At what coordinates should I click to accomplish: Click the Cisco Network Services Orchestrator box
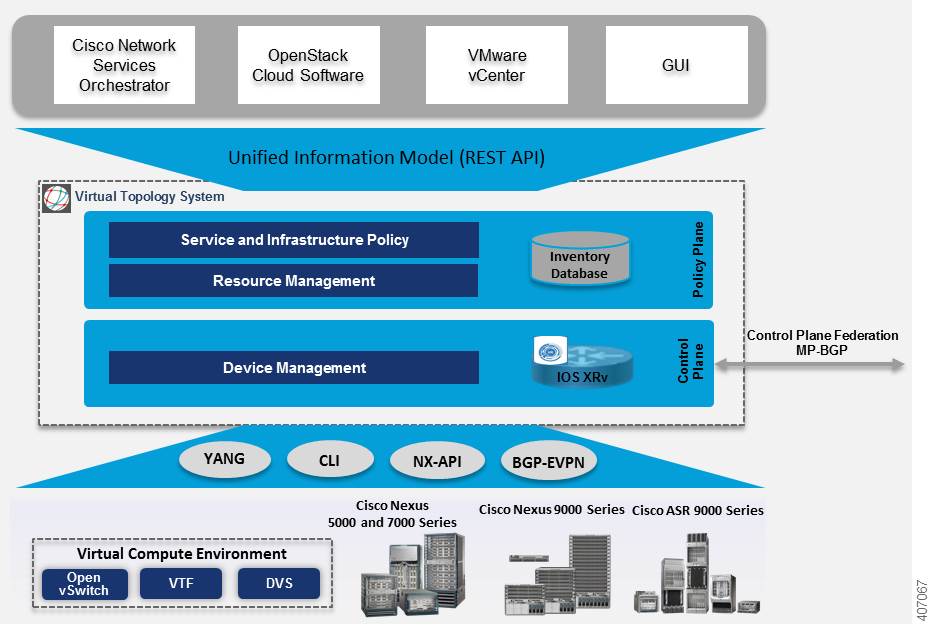pyautogui.click(x=124, y=65)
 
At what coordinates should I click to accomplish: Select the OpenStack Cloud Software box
pyautogui.click(x=308, y=65)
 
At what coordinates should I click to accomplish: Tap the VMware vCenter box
pyautogui.click(x=496, y=65)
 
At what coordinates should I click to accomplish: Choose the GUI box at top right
pyautogui.click(x=676, y=65)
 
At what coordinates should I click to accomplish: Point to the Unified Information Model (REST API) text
pyautogui.click(x=386, y=157)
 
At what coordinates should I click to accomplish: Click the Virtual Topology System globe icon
pyautogui.click(x=56, y=198)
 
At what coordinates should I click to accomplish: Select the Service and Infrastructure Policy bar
pyautogui.click(x=294, y=240)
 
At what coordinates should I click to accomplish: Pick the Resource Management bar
pyautogui.click(x=294, y=281)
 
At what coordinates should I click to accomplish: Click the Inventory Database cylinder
pyautogui.click(x=579, y=259)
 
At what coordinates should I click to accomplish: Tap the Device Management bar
pyautogui.click(x=294, y=368)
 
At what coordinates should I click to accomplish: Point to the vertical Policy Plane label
pyautogui.click(x=699, y=259)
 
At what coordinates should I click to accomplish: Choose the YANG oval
pyautogui.click(x=223, y=459)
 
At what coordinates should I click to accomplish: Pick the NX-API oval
pyautogui.click(x=436, y=461)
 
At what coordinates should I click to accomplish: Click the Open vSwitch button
pyautogui.click(x=85, y=584)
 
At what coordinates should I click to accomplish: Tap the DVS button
pyautogui.click(x=279, y=584)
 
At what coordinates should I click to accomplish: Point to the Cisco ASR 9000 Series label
pyautogui.click(x=697, y=510)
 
